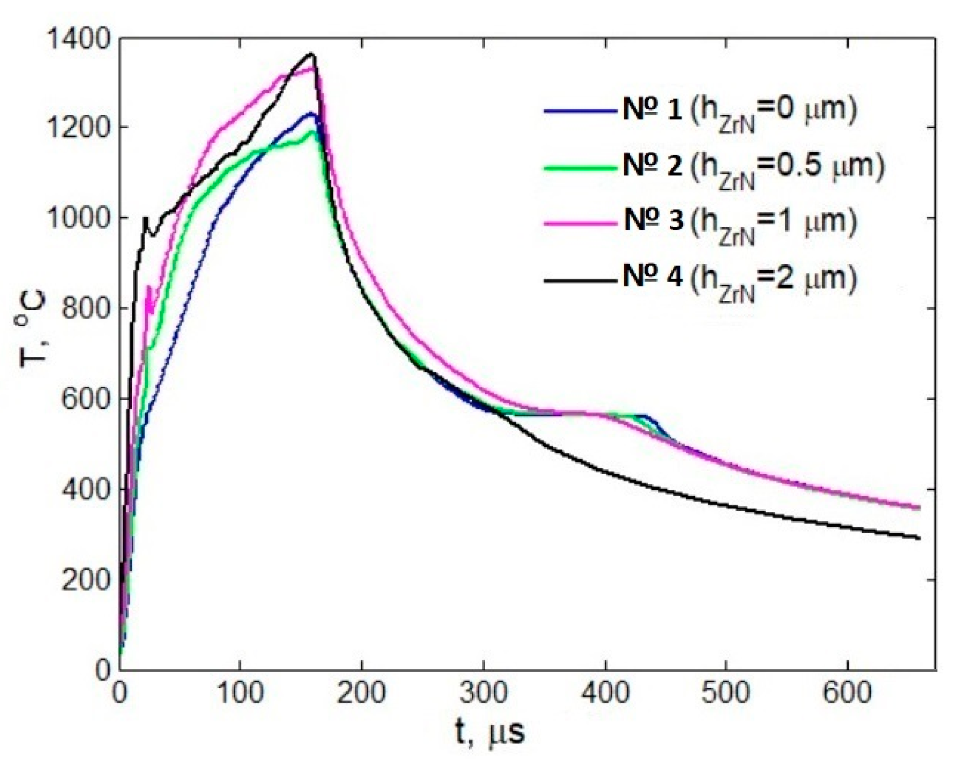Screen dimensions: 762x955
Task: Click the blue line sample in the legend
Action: tap(580, 111)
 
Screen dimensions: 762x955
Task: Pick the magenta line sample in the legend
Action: tap(580, 223)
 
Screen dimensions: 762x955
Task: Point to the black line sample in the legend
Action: tap(580, 280)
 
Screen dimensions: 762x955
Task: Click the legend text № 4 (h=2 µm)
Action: tap(740, 280)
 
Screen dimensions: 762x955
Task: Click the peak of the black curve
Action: tap(312, 54)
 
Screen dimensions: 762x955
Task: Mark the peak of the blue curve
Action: tap(312, 113)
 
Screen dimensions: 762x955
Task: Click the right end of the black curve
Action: tap(919, 538)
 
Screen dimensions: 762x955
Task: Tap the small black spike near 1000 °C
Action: tap(145, 218)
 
